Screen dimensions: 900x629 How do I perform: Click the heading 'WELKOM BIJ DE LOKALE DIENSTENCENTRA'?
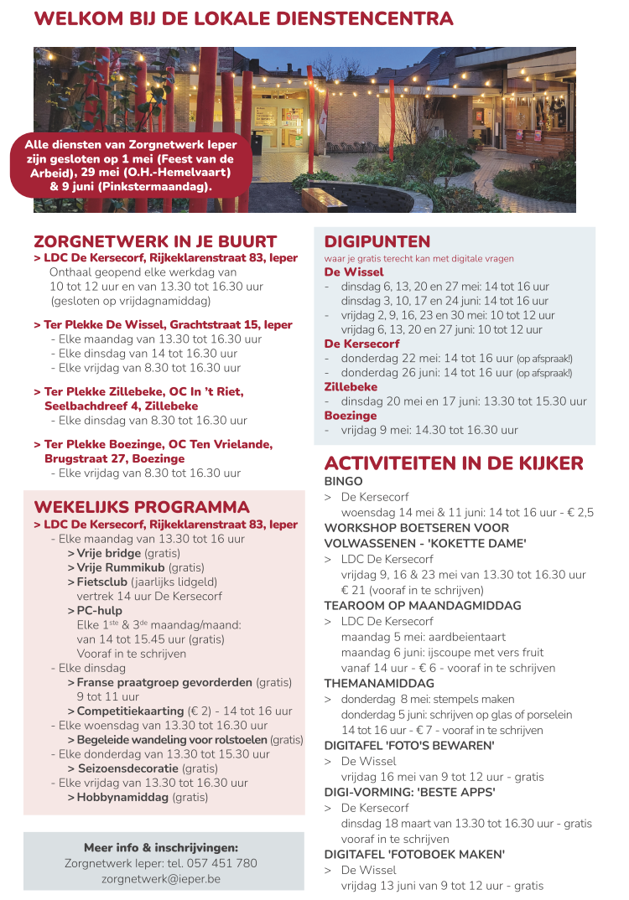(x=243, y=19)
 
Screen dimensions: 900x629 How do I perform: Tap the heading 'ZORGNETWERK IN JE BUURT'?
(x=155, y=241)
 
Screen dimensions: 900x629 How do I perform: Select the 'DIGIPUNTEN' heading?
(x=377, y=242)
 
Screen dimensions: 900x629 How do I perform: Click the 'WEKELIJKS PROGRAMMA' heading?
(x=142, y=507)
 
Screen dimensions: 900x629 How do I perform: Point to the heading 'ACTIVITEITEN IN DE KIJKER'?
(x=454, y=464)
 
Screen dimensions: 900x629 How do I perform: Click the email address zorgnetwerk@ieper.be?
(x=161, y=879)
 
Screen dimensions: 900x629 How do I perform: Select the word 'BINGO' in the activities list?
(x=344, y=482)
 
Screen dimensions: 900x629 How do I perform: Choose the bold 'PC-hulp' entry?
(x=100, y=611)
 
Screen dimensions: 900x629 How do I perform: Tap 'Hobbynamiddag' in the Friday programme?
(x=122, y=797)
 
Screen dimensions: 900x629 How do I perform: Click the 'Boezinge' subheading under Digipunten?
(x=351, y=416)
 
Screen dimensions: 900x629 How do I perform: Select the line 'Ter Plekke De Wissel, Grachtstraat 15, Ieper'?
(x=164, y=324)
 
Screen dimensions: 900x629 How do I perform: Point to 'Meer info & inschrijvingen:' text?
(x=161, y=847)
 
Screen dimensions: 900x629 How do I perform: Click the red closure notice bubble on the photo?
(x=130, y=164)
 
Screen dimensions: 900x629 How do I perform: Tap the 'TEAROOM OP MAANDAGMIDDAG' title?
(x=423, y=606)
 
